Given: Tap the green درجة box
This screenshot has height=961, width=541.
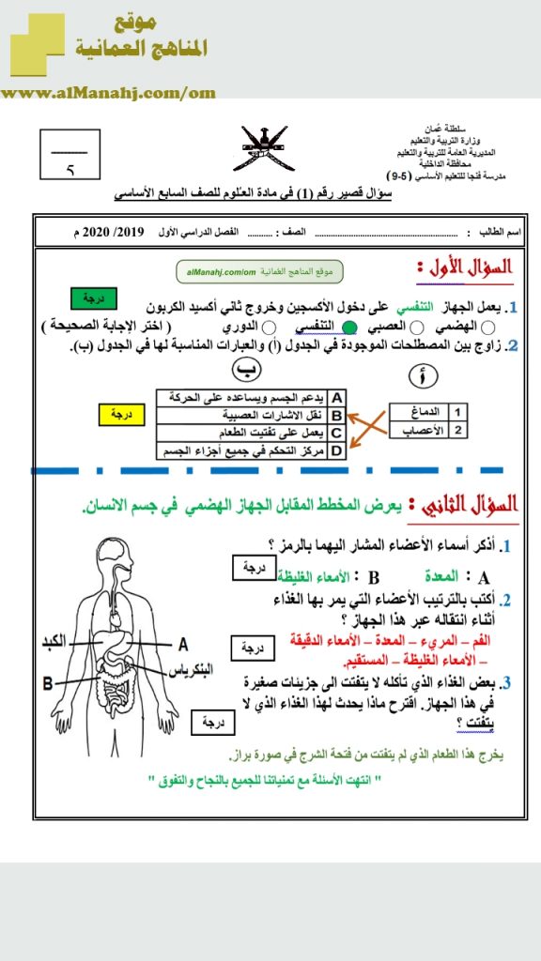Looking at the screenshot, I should point(95,297).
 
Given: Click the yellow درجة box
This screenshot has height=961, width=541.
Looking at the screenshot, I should point(124,413).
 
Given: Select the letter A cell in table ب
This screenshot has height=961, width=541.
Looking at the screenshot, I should point(336,398).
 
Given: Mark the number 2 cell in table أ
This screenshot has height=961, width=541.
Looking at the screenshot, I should point(457,430).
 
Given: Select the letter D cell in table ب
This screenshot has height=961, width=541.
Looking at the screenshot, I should point(336,450).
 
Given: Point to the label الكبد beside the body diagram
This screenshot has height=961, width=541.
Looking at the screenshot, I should point(58,644).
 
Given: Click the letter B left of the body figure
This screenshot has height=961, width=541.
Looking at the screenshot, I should point(46,682).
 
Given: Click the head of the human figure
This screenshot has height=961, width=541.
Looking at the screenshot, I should point(123,558).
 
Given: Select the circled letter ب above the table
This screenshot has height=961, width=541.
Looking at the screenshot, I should point(245,371).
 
